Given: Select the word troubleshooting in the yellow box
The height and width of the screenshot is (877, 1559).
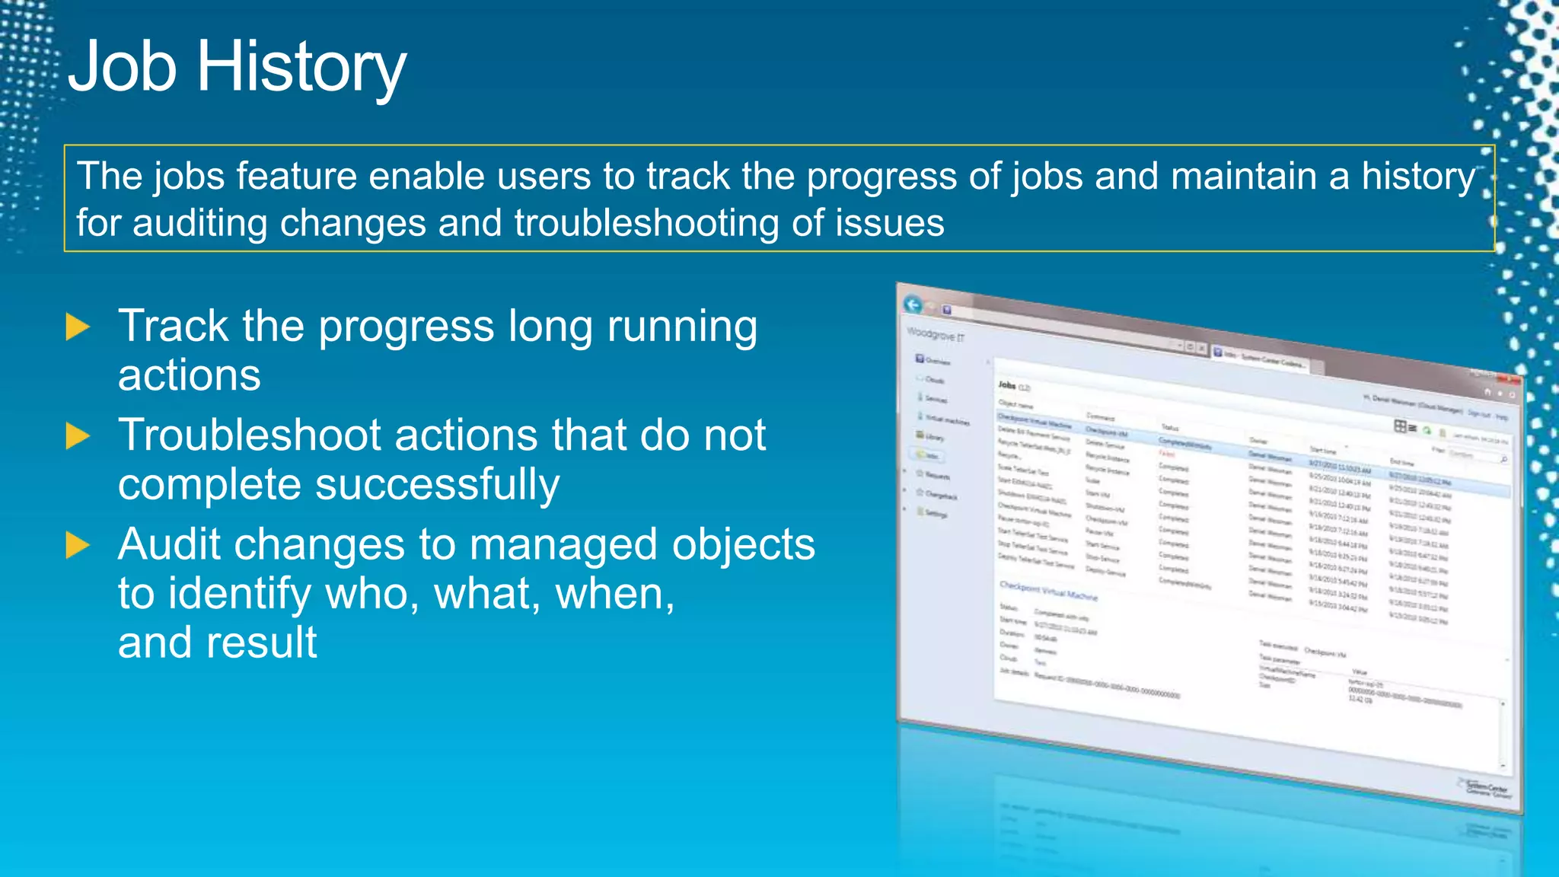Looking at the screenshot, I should tap(646, 223).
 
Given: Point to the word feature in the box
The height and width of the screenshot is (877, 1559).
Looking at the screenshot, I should tap(296, 177).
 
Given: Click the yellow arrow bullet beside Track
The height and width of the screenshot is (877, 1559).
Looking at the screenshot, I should tap(78, 327).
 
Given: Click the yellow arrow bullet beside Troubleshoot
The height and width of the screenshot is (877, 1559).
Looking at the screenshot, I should tap(78, 436).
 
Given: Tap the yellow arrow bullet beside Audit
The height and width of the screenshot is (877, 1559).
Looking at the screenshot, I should tap(78, 545).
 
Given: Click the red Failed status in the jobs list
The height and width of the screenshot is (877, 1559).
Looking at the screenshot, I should tap(1167, 454).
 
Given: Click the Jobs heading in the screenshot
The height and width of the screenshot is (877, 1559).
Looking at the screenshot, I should tap(1007, 385).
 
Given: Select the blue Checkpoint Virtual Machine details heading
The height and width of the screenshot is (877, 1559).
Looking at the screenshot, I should tap(1048, 591).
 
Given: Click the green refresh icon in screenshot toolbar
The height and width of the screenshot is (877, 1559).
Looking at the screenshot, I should tap(1427, 431).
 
